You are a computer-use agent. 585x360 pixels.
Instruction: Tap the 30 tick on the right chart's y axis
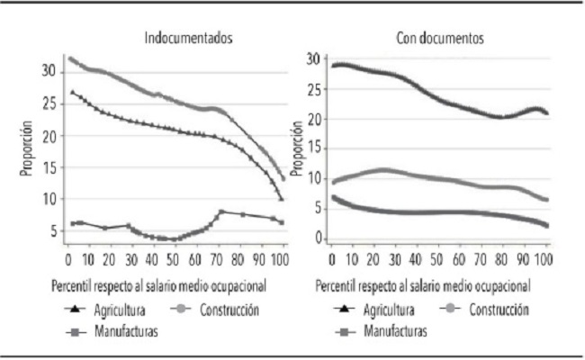click(313, 59)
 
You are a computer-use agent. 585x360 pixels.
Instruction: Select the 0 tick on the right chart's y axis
click(317, 238)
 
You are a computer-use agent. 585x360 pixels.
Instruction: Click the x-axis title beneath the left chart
click(161, 285)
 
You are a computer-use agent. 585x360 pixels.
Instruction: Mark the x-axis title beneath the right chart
click(421, 285)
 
